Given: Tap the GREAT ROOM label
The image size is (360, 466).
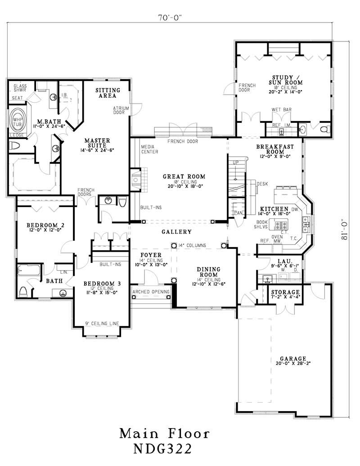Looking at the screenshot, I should click(x=184, y=176).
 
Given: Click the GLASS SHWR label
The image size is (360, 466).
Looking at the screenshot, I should click(x=20, y=88).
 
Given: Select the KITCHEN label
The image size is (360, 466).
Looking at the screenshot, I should click(x=273, y=209).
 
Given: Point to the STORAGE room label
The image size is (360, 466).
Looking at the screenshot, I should click(x=285, y=292).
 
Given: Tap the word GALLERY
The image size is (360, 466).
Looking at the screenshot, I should click(x=177, y=232).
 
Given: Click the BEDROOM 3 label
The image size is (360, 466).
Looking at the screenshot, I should click(x=101, y=284).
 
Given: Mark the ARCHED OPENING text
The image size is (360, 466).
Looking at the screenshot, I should click(x=151, y=292).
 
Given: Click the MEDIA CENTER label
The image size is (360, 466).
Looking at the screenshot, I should click(x=149, y=149).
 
